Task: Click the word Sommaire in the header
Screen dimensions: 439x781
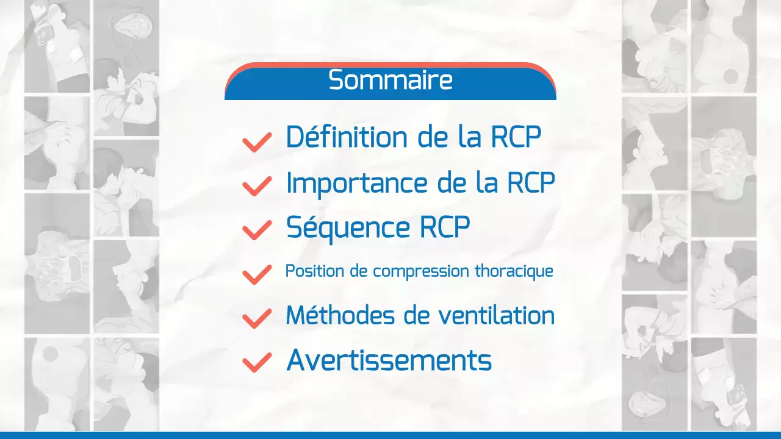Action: point(390,80)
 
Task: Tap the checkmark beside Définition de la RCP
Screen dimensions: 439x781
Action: point(257,141)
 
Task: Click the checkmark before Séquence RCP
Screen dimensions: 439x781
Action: point(257,230)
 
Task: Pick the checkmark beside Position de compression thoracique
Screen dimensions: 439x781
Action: point(257,274)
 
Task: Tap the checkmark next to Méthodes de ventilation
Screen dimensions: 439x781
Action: point(257,318)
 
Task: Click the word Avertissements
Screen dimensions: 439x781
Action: point(389,360)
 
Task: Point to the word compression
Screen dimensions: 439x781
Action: point(422,272)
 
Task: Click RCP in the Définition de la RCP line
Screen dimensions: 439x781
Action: point(516,137)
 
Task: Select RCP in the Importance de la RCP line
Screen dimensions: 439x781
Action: point(530,184)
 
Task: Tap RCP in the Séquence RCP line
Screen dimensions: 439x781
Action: point(445,228)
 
